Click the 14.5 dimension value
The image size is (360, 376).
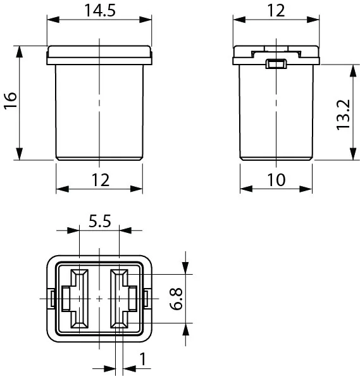click(100, 11)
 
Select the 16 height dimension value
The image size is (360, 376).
click(11, 101)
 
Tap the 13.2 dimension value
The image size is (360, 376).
click(343, 115)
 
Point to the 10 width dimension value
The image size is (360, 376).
click(276, 180)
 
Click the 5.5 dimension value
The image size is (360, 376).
click(100, 221)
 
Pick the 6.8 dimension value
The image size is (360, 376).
click(176, 299)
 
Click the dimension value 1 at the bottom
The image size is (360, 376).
click(143, 359)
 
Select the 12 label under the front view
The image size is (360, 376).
click(101, 180)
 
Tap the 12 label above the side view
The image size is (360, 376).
click(276, 11)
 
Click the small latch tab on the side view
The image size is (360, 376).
click(276, 64)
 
